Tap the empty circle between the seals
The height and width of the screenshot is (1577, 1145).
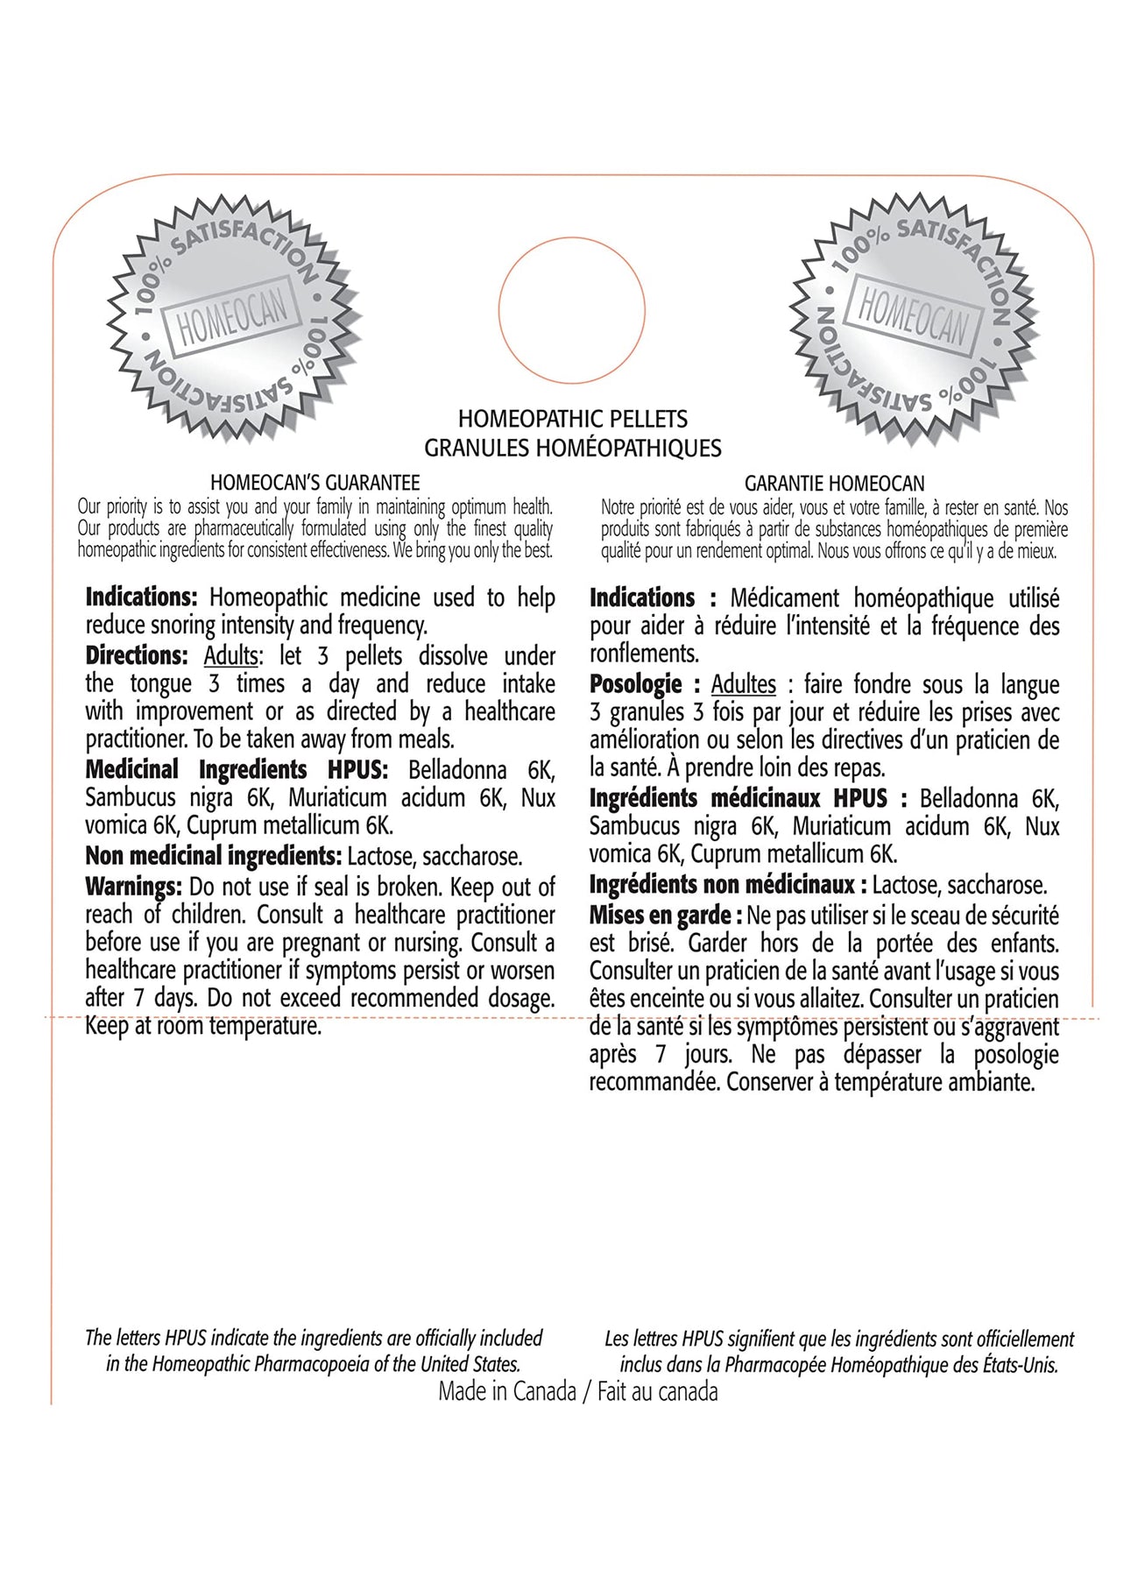[x=572, y=310]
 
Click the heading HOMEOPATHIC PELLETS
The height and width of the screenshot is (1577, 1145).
[x=573, y=419]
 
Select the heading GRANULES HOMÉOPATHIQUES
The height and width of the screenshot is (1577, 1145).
[x=573, y=448]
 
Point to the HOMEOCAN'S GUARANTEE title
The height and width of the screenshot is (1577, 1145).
[x=315, y=482]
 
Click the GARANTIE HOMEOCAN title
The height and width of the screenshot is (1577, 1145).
[x=834, y=483]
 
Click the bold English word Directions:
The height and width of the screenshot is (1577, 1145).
[x=137, y=655]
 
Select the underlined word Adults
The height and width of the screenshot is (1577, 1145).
[x=231, y=655]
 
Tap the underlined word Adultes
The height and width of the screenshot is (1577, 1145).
[x=743, y=684]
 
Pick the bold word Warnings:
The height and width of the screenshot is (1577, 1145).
[x=133, y=887]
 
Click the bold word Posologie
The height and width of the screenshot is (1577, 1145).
[x=636, y=684]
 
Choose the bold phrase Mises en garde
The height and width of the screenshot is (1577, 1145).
[x=661, y=916]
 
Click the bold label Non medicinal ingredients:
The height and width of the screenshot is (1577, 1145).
[x=213, y=856]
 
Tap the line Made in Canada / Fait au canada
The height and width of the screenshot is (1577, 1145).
[x=578, y=1392]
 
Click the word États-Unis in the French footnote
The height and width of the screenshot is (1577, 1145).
[x=1017, y=1364]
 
